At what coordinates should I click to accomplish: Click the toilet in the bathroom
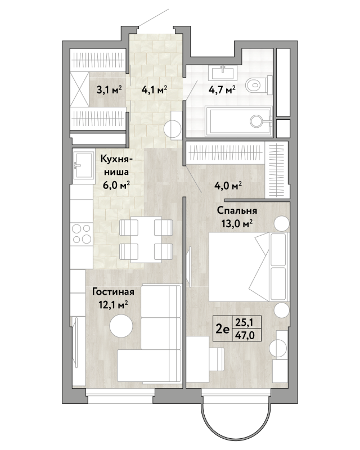tap(259, 85)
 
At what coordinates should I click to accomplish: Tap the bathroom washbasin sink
tap(224, 73)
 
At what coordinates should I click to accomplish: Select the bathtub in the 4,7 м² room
tap(238, 121)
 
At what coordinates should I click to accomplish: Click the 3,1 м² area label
tap(109, 90)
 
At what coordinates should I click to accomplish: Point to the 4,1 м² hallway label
tap(155, 90)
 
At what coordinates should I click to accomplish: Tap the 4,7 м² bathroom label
tap(222, 90)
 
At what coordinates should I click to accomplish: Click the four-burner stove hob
tap(82, 233)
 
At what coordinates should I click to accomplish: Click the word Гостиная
tap(113, 292)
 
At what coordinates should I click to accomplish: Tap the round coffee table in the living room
tap(121, 326)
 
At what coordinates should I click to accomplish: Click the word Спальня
tap(237, 210)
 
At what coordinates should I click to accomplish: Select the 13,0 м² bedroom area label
tap(237, 223)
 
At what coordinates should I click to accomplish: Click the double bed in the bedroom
tap(249, 267)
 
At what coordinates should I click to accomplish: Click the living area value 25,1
tap(244, 322)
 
